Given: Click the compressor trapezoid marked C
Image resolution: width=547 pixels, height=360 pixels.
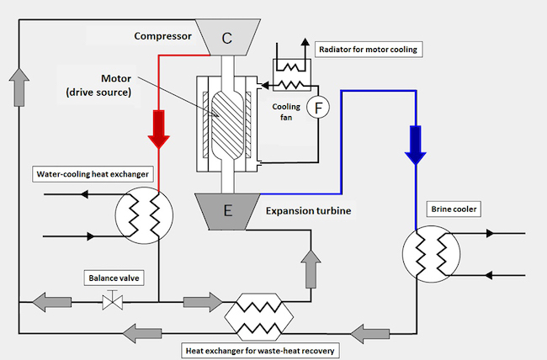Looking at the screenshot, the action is coord(227,37).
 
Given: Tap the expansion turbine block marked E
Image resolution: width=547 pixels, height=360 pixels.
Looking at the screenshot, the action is coord(227,212).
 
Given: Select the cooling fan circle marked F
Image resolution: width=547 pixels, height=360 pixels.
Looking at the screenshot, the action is coord(318,108).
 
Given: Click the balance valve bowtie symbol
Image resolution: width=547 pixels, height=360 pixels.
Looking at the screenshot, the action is coord(112,302).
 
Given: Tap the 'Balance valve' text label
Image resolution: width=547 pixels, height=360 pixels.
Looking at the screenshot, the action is coord(114,278).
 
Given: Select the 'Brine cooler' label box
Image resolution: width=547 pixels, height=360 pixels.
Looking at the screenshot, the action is coord(454,209).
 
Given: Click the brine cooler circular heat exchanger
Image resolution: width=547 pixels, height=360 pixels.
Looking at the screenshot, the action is coord(431,254).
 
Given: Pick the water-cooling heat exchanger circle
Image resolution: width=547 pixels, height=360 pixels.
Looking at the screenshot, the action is coord(144,215).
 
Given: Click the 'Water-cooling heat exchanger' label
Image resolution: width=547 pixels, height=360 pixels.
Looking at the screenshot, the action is coord(93,174).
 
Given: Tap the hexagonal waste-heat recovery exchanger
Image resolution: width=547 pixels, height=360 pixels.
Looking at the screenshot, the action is coord(259,317).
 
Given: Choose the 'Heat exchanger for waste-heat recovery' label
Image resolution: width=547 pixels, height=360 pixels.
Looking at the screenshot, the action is coord(260,351).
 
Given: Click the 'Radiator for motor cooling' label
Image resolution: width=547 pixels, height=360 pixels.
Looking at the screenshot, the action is coord(369,50).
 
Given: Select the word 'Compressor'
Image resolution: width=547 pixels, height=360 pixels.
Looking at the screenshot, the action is coord(163,36).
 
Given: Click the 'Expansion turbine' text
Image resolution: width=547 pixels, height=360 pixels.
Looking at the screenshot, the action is coord(308,210).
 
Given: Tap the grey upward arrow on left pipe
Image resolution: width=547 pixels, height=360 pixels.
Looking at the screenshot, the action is coord(19,87).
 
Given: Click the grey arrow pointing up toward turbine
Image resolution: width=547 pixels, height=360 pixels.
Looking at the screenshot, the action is coord(311,269).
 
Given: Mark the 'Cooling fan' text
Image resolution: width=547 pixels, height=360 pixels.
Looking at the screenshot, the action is coord(286,112).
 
